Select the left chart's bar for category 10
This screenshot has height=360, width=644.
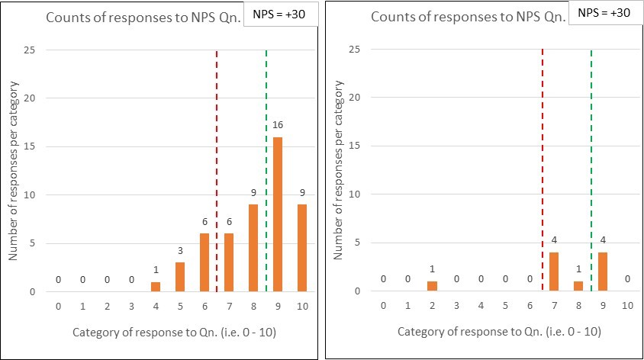(302, 248)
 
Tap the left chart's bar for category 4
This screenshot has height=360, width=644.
(156, 287)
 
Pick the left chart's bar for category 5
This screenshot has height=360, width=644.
(180, 277)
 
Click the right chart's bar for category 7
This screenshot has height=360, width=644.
(555, 272)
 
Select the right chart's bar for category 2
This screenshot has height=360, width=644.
(433, 287)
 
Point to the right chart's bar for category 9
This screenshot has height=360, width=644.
(604, 272)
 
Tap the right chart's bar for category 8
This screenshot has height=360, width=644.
(579, 287)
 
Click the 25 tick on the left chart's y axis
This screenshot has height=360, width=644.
(34, 50)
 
